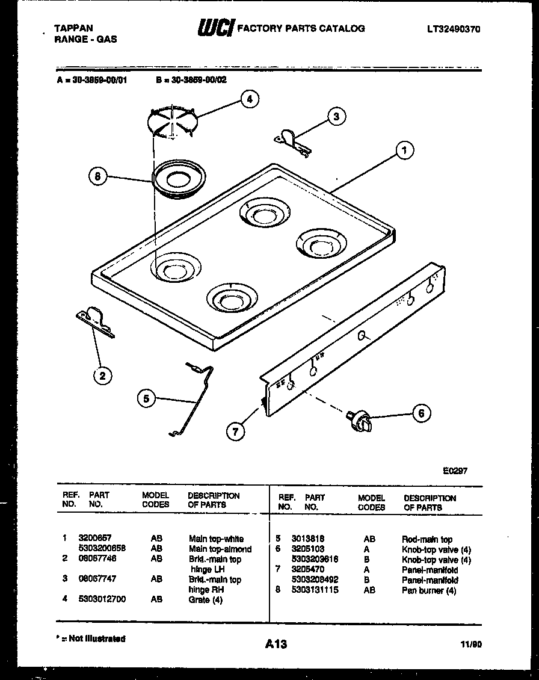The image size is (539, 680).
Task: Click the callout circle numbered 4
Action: click(x=250, y=99)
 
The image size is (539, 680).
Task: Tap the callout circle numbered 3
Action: click(x=337, y=117)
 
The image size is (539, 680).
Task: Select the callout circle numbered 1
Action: click(x=405, y=150)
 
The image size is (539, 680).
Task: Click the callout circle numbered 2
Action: click(x=102, y=376)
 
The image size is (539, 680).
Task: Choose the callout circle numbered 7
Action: click(x=236, y=430)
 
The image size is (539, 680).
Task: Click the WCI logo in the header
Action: click(x=215, y=28)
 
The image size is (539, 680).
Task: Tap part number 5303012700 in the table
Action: click(x=102, y=599)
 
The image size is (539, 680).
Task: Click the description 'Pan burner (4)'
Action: click(x=429, y=590)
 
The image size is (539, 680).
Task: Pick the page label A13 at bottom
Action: click(x=276, y=644)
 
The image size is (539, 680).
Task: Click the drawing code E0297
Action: click(x=454, y=471)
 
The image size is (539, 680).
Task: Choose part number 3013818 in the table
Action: click(x=308, y=539)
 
